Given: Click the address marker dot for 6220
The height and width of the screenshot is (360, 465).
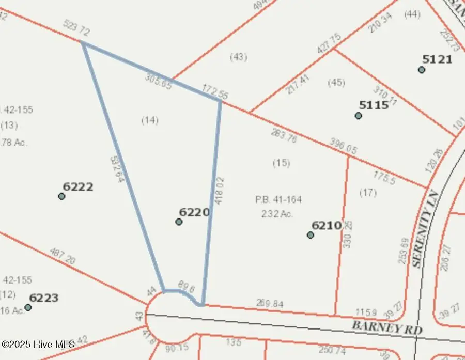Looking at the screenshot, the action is click(179, 222).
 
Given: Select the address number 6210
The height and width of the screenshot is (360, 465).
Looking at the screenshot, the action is click(326, 225).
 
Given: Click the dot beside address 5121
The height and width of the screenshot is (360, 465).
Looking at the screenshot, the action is click(422, 70).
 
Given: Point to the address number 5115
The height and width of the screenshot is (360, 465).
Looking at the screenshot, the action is click(374, 104).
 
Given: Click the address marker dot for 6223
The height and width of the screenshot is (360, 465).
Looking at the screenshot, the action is click(28, 307).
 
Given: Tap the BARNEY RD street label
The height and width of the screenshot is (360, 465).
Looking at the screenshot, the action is click(387, 327).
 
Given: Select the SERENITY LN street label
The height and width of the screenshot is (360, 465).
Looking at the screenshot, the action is click(424, 236).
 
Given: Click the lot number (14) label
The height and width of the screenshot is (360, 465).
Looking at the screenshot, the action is click(150, 120).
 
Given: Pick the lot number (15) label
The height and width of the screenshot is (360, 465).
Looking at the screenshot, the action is click(281, 163).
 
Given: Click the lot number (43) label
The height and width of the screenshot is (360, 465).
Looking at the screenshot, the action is click(238, 57).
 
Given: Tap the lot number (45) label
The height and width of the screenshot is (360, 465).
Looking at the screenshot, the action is click(336, 82).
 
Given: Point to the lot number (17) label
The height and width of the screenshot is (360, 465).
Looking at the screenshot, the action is click(368, 193).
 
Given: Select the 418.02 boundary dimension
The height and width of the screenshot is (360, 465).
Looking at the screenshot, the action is click(219, 191).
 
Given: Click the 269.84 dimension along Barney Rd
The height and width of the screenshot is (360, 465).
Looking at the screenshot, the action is click(270, 304).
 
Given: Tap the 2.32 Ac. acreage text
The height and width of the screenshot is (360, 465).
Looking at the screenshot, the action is click(278, 213).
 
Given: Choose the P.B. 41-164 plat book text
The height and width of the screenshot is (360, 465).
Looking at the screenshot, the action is click(278, 199).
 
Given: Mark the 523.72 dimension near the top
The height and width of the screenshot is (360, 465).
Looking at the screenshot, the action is click(76, 28).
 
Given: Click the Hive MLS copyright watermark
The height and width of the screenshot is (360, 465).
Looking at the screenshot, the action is click(38, 343).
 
